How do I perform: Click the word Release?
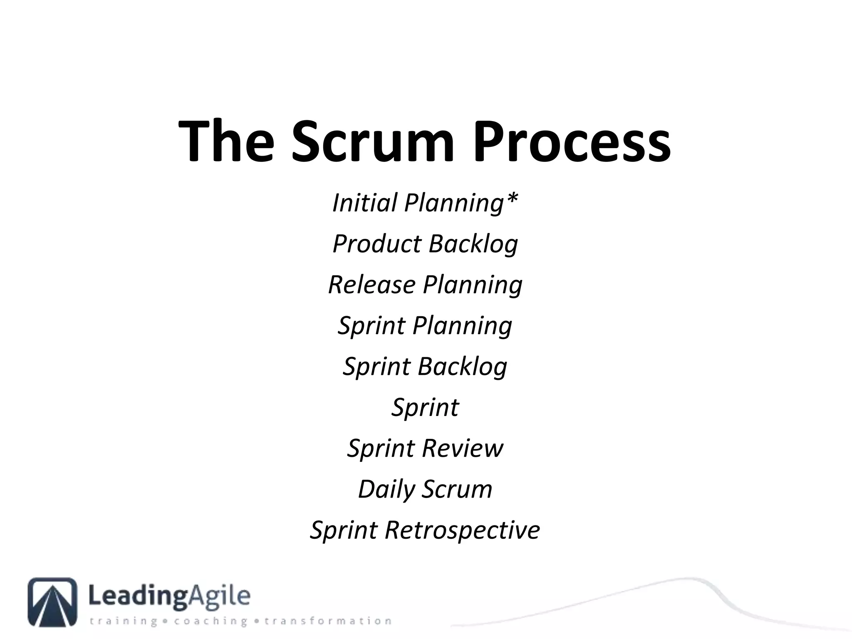[372, 285]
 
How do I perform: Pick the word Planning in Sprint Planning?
[462, 326]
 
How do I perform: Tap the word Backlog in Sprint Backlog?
[462, 367]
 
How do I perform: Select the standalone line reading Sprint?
[425, 407]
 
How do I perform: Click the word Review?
[462, 448]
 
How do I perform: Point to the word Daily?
[386, 490]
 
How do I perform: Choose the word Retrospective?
[462, 530]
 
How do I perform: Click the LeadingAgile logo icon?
[52, 602]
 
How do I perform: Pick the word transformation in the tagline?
[328, 622]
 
